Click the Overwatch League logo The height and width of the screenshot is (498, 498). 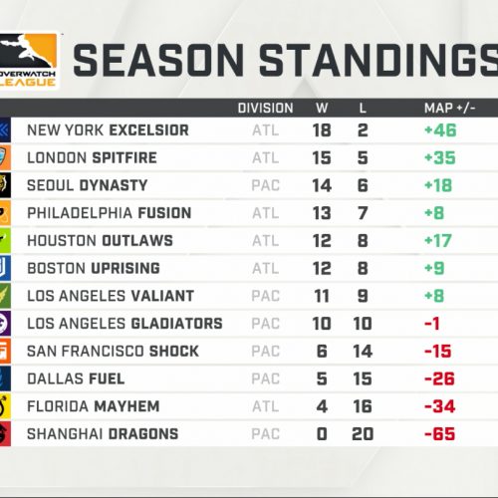(x=28, y=61)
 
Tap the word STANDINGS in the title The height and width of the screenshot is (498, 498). (x=378, y=61)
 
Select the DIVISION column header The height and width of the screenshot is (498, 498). (x=265, y=109)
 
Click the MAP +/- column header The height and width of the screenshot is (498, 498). (x=449, y=109)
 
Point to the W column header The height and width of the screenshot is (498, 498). (x=322, y=109)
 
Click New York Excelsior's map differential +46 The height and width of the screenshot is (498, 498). (x=440, y=130)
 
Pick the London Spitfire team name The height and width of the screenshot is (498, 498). (x=92, y=157)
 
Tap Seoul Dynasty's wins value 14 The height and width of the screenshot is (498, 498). (x=322, y=185)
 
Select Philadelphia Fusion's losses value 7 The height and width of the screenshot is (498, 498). (x=363, y=213)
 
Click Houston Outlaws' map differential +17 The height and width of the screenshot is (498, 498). (x=438, y=241)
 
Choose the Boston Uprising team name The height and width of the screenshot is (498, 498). (x=94, y=268)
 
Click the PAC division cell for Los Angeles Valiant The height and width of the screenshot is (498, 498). (x=265, y=296)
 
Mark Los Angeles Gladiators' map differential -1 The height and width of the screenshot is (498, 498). (x=432, y=324)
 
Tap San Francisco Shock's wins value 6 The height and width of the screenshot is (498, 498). (x=322, y=352)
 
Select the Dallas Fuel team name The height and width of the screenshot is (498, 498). (x=76, y=378)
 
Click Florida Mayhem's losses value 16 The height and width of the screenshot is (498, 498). (x=363, y=406)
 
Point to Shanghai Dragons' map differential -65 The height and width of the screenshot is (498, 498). (x=439, y=434)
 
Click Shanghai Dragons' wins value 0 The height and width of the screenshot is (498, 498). (x=322, y=434)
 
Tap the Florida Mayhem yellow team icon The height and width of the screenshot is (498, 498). (x=5, y=406)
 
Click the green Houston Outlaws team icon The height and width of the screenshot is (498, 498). (x=5, y=241)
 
